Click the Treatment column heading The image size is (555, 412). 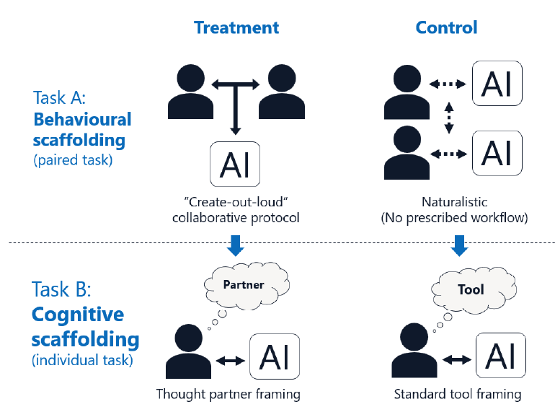[x=236, y=27]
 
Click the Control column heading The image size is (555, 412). [x=447, y=27]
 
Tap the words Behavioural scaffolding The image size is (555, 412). [x=82, y=129]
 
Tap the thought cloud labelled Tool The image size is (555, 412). [x=471, y=290]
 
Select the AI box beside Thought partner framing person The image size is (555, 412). [x=277, y=356]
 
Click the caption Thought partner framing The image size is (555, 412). [x=228, y=395]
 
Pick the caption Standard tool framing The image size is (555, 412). [x=458, y=395]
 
